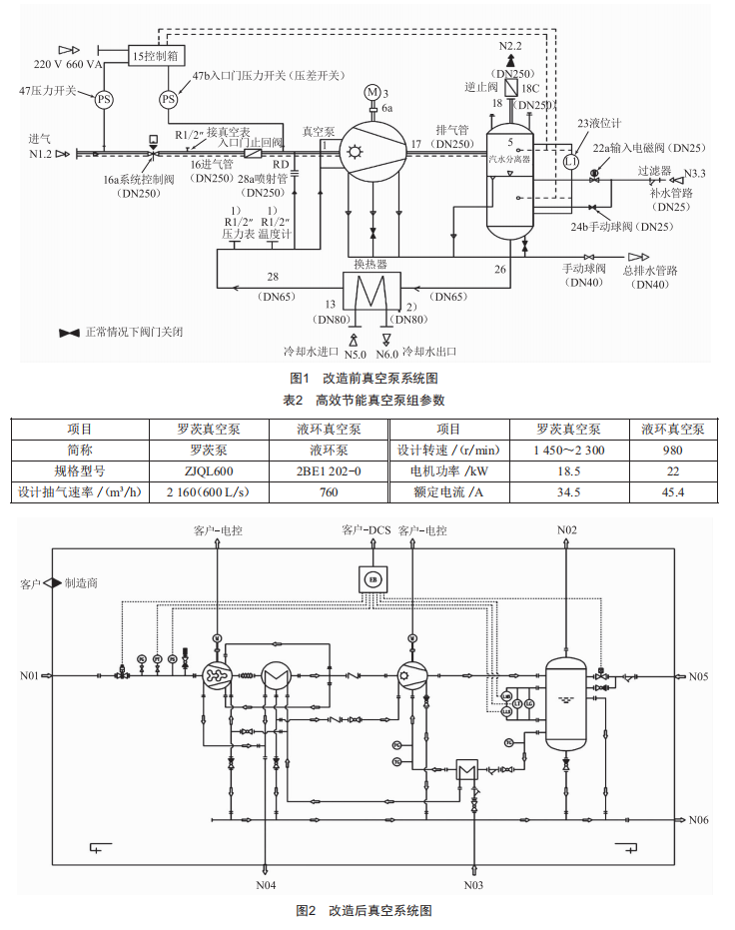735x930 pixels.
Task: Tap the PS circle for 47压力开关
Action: click(x=105, y=99)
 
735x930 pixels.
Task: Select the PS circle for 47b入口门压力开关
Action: click(x=169, y=99)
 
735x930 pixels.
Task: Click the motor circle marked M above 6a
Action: click(x=370, y=92)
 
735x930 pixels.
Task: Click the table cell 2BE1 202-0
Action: click(x=328, y=470)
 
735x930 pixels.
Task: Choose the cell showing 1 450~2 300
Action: click(x=567, y=450)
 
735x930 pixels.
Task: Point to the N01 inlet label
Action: click(x=29, y=676)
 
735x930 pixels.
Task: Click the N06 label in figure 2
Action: click(x=698, y=820)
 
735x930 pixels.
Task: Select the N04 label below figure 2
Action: click(x=266, y=885)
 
